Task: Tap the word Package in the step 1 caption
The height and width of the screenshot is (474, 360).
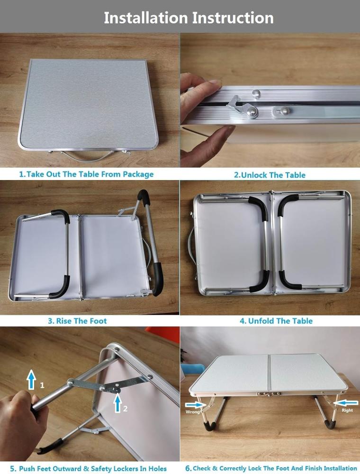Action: (x=138, y=174)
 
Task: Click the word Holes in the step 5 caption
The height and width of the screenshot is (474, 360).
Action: (x=157, y=469)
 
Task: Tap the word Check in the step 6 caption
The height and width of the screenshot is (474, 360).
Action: (x=202, y=468)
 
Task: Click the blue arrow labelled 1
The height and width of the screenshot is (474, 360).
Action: (x=31, y=380)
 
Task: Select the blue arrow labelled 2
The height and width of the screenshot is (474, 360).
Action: (x=118, y=403)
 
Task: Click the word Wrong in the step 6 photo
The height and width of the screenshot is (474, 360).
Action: (x=193, y=412)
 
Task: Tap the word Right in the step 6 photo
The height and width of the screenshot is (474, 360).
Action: (x=347, y=410)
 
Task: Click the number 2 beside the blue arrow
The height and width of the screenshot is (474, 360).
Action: (x=125, y=409)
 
